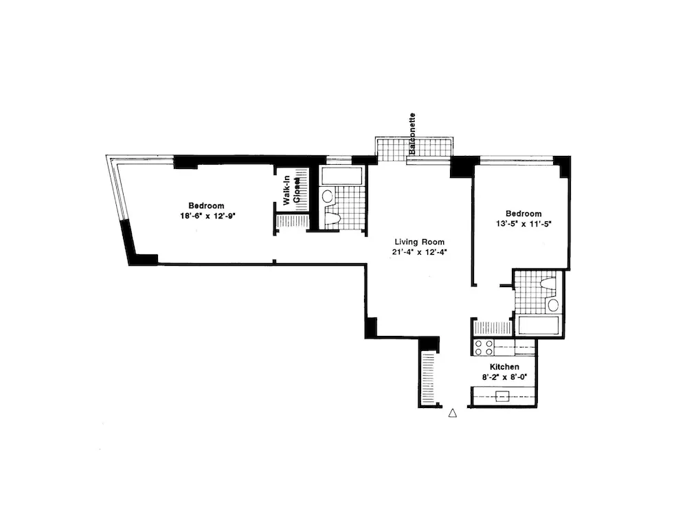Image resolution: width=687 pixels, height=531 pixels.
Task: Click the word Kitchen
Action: [x=504, y=368]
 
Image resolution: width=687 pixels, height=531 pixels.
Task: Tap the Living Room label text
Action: [x=419, y=242]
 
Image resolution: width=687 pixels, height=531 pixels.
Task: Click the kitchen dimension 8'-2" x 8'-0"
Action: [x=504, y=378]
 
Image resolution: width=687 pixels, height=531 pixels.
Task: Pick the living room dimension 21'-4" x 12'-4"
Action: [x=419, y=252]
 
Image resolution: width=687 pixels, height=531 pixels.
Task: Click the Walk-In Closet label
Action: [x=291, y=191]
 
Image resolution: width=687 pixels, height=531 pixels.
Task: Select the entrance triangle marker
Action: [x=452, y=413]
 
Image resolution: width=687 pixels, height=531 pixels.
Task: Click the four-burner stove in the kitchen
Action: [x=484, y=347]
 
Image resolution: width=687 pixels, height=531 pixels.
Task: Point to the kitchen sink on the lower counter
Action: [x=504, y=396]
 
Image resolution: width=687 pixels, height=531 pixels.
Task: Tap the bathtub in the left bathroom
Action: [x=341, y=176]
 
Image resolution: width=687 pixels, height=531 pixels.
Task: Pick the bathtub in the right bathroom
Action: [x=539, y=325]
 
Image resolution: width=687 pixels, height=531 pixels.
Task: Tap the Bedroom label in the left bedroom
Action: [x=207, y=205]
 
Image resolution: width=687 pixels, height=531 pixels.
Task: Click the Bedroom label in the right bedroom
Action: [x=523, y=214]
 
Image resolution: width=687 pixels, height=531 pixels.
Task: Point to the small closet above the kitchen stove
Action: [x=491, y=328]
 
